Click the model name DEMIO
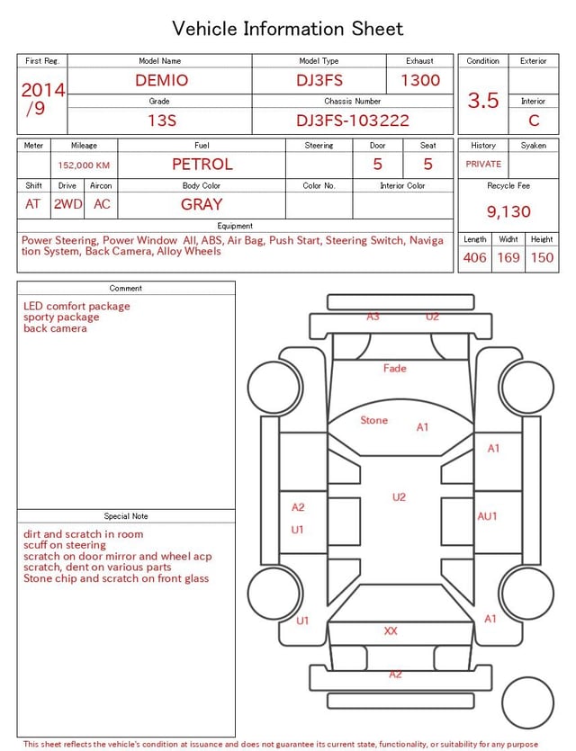161,80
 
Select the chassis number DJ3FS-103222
353,121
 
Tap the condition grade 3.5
483,100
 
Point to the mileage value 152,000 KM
84,165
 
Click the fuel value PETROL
202,165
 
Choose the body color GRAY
202,204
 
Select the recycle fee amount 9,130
508,211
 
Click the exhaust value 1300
420,80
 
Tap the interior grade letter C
534,121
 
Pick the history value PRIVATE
483,164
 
